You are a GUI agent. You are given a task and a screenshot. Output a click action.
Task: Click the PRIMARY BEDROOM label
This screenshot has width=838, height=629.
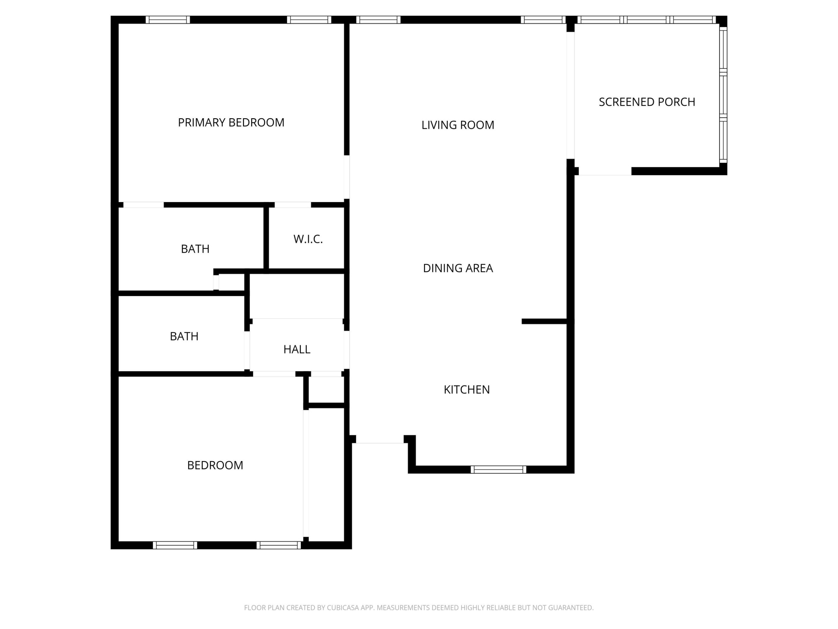point(231,123)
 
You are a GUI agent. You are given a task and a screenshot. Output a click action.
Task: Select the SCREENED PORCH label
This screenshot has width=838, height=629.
point(647,102)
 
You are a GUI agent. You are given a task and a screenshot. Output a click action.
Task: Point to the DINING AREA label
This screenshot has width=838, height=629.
point(458,268)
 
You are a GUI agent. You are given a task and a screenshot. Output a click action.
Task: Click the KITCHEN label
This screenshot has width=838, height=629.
point(466,389)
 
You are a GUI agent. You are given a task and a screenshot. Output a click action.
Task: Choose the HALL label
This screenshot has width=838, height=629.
point(297,349)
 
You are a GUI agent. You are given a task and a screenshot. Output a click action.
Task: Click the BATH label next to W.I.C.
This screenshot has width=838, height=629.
point(195,249)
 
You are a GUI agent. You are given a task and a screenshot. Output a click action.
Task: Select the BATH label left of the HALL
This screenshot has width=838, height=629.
point(184,336)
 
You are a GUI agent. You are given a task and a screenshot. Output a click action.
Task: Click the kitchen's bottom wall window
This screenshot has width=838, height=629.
point(498,469)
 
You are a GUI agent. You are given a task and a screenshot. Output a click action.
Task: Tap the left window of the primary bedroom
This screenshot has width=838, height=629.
point(168,20)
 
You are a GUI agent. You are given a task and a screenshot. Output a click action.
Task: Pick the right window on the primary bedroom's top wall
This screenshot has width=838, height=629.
point(309,20)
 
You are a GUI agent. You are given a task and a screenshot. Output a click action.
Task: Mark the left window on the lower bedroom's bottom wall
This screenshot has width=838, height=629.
point(175,545)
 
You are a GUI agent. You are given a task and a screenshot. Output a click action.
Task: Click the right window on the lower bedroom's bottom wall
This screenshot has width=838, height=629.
point(279,545)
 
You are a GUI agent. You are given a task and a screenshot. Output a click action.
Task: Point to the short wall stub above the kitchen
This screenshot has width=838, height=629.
point(544,321)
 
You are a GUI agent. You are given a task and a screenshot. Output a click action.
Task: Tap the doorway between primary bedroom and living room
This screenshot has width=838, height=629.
point(347,177)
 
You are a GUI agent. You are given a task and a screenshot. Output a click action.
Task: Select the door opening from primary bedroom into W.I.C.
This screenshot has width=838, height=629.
point(292,205)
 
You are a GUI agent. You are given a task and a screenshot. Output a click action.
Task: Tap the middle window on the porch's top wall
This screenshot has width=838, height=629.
point(646,20)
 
